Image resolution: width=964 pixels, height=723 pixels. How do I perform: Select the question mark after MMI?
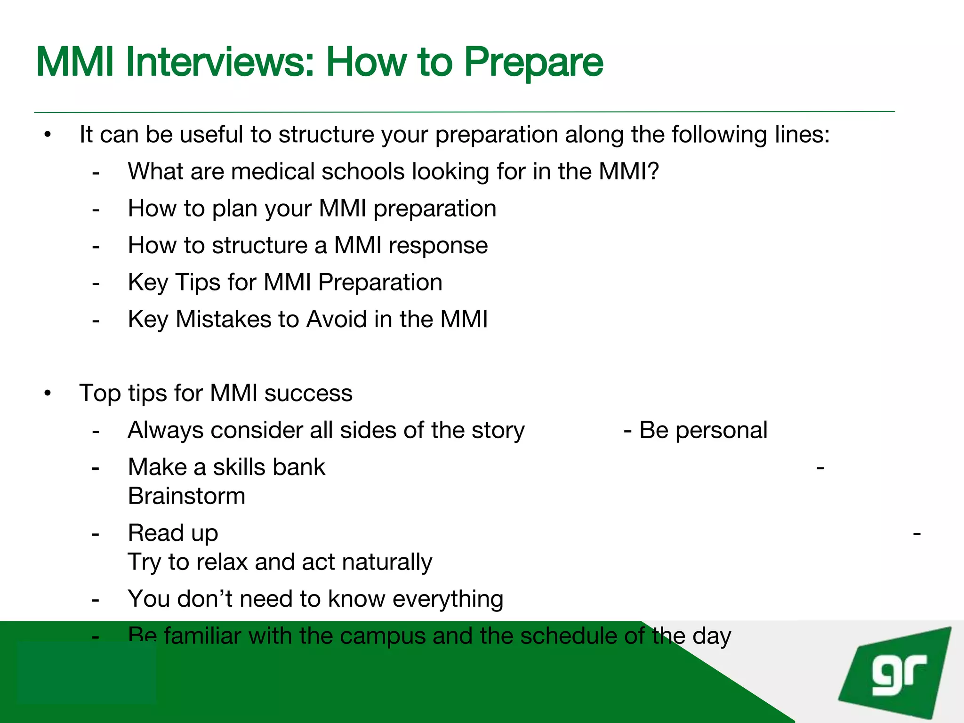tap(653, 171)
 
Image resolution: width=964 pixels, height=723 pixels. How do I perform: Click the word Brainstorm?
tap(186, 496)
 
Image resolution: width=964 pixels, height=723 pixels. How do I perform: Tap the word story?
tap(498, 431)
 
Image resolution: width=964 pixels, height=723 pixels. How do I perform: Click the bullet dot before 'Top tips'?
tap(47, 393)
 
